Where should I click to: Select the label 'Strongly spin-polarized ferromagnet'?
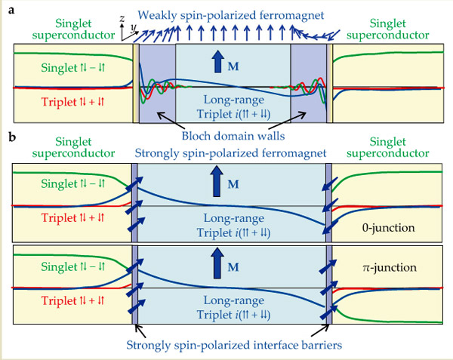[x=230, y=153]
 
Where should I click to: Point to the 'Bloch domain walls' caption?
[x=230, y=137]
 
